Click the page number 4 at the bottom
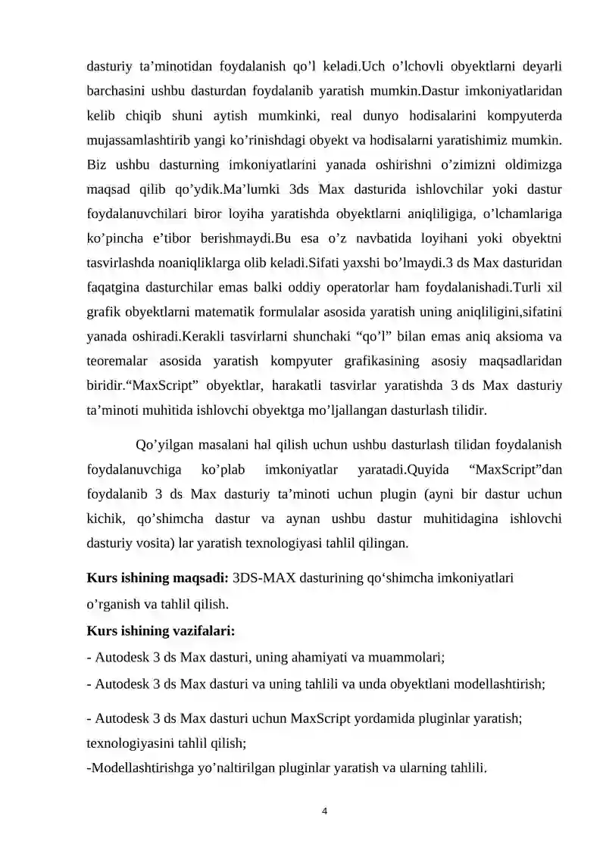click(x=324, y=811)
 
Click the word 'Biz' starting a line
click(x=97, y=165)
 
